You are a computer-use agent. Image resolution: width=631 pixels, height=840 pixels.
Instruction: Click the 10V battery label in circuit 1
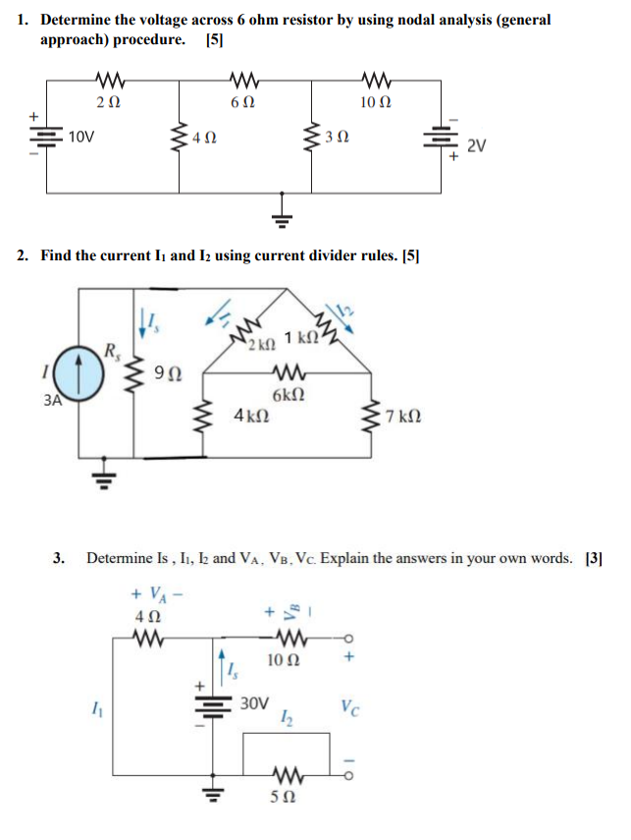click(x=81, y=138)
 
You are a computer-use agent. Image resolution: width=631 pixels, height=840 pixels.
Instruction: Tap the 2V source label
click(x=476, y=146)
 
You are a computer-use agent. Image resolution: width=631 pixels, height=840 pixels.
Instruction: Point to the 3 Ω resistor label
click(x=337, y=140)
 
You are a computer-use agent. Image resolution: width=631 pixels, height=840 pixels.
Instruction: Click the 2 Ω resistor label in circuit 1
click(x=109, y=101)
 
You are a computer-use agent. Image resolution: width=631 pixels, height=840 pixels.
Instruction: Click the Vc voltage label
click(x=349, y=705)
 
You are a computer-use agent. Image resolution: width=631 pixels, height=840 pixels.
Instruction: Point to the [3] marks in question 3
click(x=593, y=558)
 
